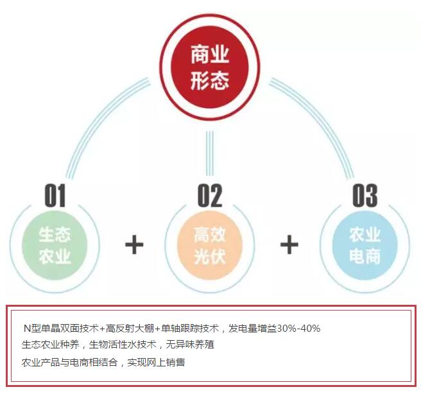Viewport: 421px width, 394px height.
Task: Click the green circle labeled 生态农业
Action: coord(55,245)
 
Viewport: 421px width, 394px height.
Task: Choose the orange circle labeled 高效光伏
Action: coord(210,245)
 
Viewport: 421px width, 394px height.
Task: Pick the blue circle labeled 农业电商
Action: coord(365,245)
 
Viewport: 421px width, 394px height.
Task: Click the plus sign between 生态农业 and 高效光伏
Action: coord(133,244)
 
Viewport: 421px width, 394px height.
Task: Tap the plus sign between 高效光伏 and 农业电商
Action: coord(289,244)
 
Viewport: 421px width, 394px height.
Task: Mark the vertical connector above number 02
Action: coord(209,154)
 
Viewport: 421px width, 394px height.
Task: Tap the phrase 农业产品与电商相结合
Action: coord(70,362)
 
